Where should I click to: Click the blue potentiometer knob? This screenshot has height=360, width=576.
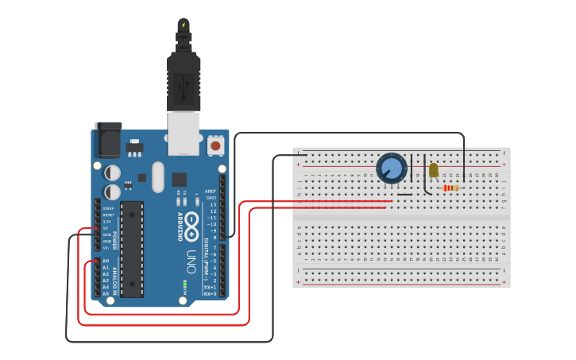[x=391, y=168]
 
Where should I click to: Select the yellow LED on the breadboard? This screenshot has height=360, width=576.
[x=433, y=170]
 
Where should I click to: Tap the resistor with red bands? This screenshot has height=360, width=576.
[x=450, y=188]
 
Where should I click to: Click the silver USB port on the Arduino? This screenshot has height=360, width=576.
[x=184, y=132]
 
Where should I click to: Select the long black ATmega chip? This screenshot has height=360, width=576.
[x=132, y=249]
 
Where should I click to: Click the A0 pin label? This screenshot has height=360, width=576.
[x=106, y=261]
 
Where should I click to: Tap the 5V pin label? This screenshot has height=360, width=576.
[x=105, y=228]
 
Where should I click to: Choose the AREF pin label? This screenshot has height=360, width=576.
[x=211, y=192]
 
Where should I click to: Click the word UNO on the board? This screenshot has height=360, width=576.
[x=191, y=261]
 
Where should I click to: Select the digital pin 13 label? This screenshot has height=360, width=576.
[x=212, y=204]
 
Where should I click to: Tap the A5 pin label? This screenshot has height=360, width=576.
[x=106, y=293]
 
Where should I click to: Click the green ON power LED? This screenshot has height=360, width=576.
[x=184, y=283]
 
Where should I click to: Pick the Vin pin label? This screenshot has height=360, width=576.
[x=105, y=248]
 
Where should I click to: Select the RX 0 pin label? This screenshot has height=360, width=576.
[x=211, y=294]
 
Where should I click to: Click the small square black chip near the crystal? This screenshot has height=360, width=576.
[x=180, y=180]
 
